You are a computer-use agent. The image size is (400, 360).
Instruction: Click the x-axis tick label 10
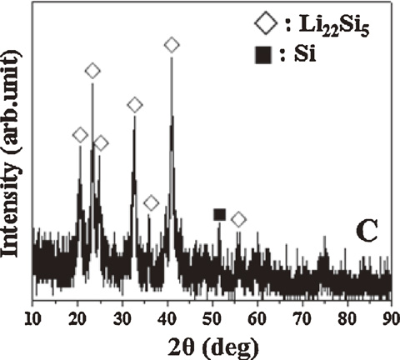tap(32, 317)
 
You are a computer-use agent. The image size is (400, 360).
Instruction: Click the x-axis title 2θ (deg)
tap(212, 344)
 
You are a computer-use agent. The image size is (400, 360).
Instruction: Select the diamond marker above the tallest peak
tap(172, 44)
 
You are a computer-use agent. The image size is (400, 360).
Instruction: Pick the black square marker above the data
tap(219, 214)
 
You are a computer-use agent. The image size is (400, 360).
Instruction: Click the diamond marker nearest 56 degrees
tap(238, 219)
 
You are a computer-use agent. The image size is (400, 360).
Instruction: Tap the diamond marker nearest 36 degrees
tap(151, 203)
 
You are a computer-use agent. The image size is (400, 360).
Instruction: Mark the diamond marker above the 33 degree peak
tap(134, 104)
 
